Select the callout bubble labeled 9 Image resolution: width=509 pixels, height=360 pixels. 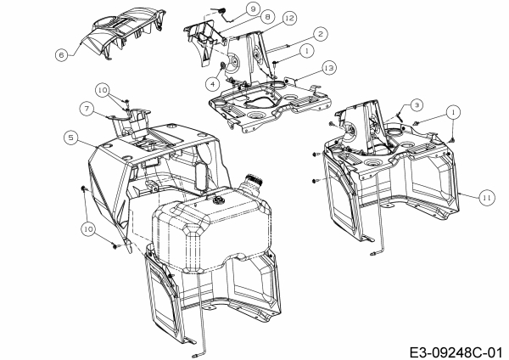[x=228, y=8]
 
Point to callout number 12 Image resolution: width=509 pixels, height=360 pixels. [x=266, y=18]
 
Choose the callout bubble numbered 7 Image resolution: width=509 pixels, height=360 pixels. [x=86, y=108]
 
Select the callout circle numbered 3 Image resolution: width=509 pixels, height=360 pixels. [x=417, y=104]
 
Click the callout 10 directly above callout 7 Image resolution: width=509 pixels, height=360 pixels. [x=102, y=88]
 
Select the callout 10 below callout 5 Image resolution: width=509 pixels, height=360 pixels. [x=88, y=228]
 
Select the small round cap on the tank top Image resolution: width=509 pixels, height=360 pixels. [x=219, y=201]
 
